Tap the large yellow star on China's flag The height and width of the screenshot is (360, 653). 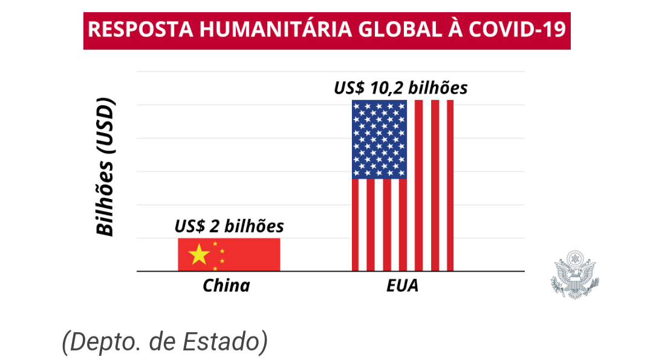(199, 255)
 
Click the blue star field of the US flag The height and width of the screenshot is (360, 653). (379, 139)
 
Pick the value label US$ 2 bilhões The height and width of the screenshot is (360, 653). (229, 226)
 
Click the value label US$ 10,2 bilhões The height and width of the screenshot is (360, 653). (401, 88)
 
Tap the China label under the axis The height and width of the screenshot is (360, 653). (226, 286)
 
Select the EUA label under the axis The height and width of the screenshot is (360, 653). (402, 286)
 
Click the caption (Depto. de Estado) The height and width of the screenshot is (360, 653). (164, 342)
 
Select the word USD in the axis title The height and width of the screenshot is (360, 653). (105, 124)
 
